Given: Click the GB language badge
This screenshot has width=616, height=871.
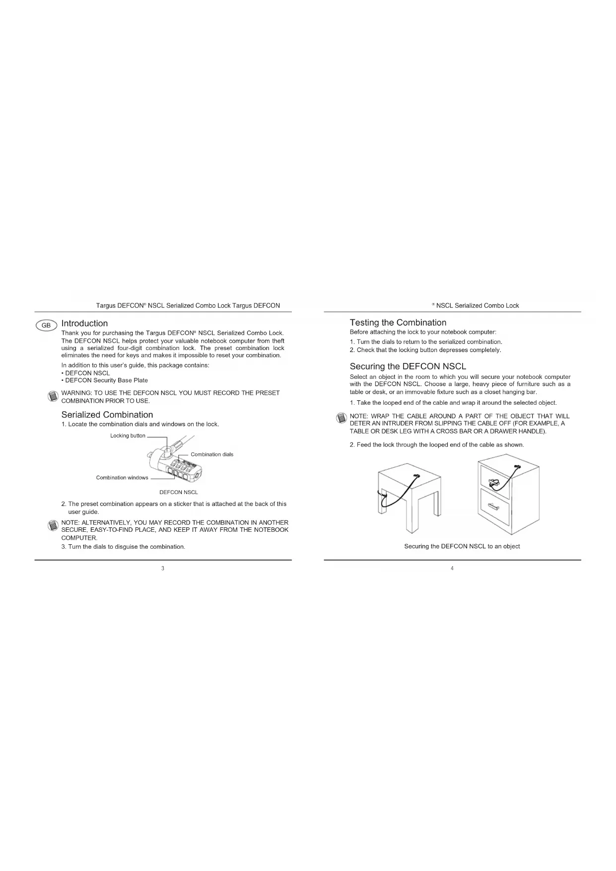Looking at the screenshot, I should pyautogui.click(x=46, y=325).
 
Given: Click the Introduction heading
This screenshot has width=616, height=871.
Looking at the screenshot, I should pyautogui.click(x=84, y=323).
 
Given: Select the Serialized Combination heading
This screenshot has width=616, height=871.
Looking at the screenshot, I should pyautogui.click(x=107, y=415).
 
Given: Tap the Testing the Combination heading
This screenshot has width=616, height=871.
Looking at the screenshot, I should pyautogui.click(x=398, y=322).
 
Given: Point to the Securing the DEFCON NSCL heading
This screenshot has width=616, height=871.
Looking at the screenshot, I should pyautogui.click(x=408, y=366).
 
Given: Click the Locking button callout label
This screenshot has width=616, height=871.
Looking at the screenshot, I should pyautogui.click(x=128, y=435).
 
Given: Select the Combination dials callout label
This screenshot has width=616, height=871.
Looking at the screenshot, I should pyautogui.click(x=212, y=454).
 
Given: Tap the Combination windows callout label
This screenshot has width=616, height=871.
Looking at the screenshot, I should pyautogui.click(x=122, y=478).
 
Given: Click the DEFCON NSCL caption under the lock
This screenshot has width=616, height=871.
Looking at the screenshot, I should pyautogui.click(x=178, y=492).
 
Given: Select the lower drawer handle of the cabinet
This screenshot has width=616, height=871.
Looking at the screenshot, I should pyautogui.click(x=493, y=506).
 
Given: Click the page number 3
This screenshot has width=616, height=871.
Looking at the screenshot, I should pyautogui.click(x=163, y=568).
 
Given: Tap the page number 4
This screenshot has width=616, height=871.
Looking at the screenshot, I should pyautogui.click(x=452, y=568).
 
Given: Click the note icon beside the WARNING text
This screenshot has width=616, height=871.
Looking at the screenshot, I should pyautogui.click(x=53, y=396).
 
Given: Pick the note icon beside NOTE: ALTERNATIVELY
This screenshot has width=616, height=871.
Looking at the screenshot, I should pyautogui.click(x=53, y=525).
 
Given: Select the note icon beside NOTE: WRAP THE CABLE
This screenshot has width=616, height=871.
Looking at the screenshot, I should pyautogui.click(x=341, y=418).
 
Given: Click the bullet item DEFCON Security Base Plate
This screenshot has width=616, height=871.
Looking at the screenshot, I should pyautogui.click(x=106, y=380).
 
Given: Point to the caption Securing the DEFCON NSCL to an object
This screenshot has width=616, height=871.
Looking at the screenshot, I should pyautogui.click(x=462, y=546).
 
